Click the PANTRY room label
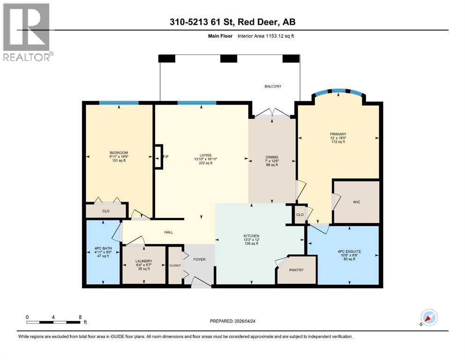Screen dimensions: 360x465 (x=296, y=270)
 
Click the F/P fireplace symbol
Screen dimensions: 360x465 (x=159, y=156)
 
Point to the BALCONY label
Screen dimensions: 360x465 (x=273, y=86)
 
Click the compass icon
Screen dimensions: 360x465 (x=429, y=317)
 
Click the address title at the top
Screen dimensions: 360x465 (x=232, y=22)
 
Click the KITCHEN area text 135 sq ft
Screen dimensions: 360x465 (x=251, y=244)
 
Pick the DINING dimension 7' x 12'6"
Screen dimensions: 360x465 (x=272, y=161)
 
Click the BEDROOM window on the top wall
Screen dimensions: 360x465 (x=118, y=103)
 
